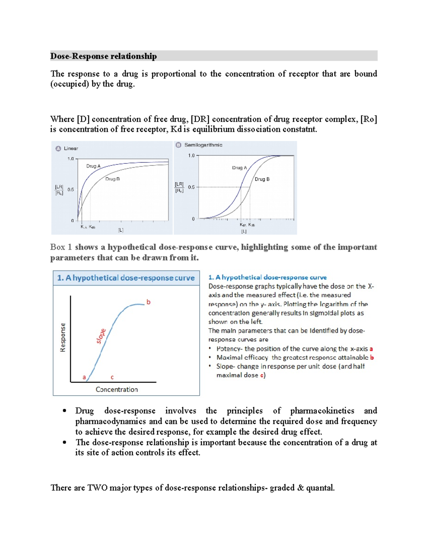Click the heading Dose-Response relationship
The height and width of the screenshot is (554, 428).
[x=103, y=56]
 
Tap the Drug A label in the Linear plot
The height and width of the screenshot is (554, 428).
[x=93, y=166]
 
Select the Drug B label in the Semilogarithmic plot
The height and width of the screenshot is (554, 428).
[x=262, y=179]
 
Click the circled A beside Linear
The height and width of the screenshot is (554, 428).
[x=58, y=148]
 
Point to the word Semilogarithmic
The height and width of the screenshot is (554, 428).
[x=203, y=145]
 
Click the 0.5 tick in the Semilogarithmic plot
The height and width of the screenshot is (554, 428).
[x=191, y=187]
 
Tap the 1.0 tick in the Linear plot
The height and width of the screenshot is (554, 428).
[x=71, y=159]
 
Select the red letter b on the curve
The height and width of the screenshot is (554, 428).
[x=148, y=302]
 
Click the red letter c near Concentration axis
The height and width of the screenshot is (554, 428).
[x=112, y=377]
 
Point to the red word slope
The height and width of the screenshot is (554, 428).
[x=101, y=336]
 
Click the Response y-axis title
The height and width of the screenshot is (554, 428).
[x=63, y=337]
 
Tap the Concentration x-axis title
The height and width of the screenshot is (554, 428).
[x=117, y=390]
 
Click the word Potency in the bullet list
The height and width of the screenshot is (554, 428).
[x=228, y=349]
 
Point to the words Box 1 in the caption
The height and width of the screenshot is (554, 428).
[x=61, y=247]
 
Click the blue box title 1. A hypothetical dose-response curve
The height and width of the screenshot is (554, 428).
[x=126, y=278]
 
